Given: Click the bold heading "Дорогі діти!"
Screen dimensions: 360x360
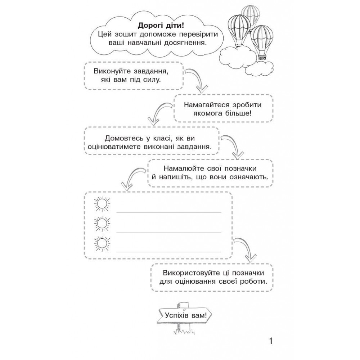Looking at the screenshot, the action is tap(161, 26).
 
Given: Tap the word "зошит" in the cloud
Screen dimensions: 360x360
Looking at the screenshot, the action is tap(124, 35).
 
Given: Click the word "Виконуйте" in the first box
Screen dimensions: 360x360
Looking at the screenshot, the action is tap(112, 71).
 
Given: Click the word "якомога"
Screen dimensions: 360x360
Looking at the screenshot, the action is tap(208, 114).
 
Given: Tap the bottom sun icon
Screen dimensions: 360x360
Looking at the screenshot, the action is tap(102, 243).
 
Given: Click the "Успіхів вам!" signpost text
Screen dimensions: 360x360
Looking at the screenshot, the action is tap(186, 315).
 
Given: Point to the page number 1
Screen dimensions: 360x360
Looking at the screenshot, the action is tap(271, 341).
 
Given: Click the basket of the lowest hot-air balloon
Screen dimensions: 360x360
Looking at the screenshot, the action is tap(262, 57).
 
